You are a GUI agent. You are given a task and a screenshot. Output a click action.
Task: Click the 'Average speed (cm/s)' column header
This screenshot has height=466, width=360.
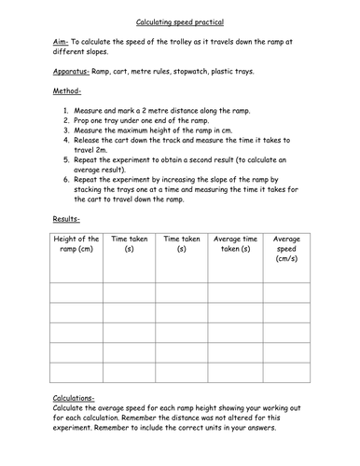coord(286,249)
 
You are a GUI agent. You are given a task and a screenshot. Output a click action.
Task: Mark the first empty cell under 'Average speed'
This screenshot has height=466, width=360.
coord(286,292)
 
